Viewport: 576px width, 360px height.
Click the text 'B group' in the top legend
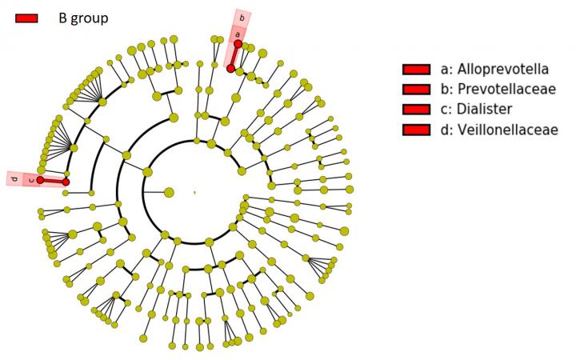click(83, 18)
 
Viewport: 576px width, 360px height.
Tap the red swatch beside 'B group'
click(26, 18)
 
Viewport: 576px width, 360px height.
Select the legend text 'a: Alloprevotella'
click(494, 69)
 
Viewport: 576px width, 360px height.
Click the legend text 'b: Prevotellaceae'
click(498, 89)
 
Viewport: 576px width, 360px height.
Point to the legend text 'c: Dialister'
click(476, 109)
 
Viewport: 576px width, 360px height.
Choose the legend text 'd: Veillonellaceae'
click(499, 130)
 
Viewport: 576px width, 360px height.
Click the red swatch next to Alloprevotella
click(416, 70)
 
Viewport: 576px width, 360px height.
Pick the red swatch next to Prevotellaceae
click(416, 90)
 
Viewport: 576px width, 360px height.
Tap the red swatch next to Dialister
click(416, 109)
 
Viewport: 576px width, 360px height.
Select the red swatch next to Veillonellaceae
click(416, 130)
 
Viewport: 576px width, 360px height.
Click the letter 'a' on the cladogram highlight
click(238, 34)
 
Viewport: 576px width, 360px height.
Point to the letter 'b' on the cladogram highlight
click(242, 18)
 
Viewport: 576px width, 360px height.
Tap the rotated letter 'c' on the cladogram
click(31, 180)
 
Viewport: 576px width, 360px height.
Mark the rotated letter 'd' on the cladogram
click(14, 179)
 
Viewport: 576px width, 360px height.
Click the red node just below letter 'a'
click(238, 44)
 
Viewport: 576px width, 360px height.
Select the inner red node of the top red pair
click(230, 68)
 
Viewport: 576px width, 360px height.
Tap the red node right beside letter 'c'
click(40, 180)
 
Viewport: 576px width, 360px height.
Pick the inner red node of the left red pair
click(66, 182)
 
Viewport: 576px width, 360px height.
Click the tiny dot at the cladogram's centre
click(194, 192)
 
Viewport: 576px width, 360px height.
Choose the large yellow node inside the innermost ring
click(169, 192)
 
